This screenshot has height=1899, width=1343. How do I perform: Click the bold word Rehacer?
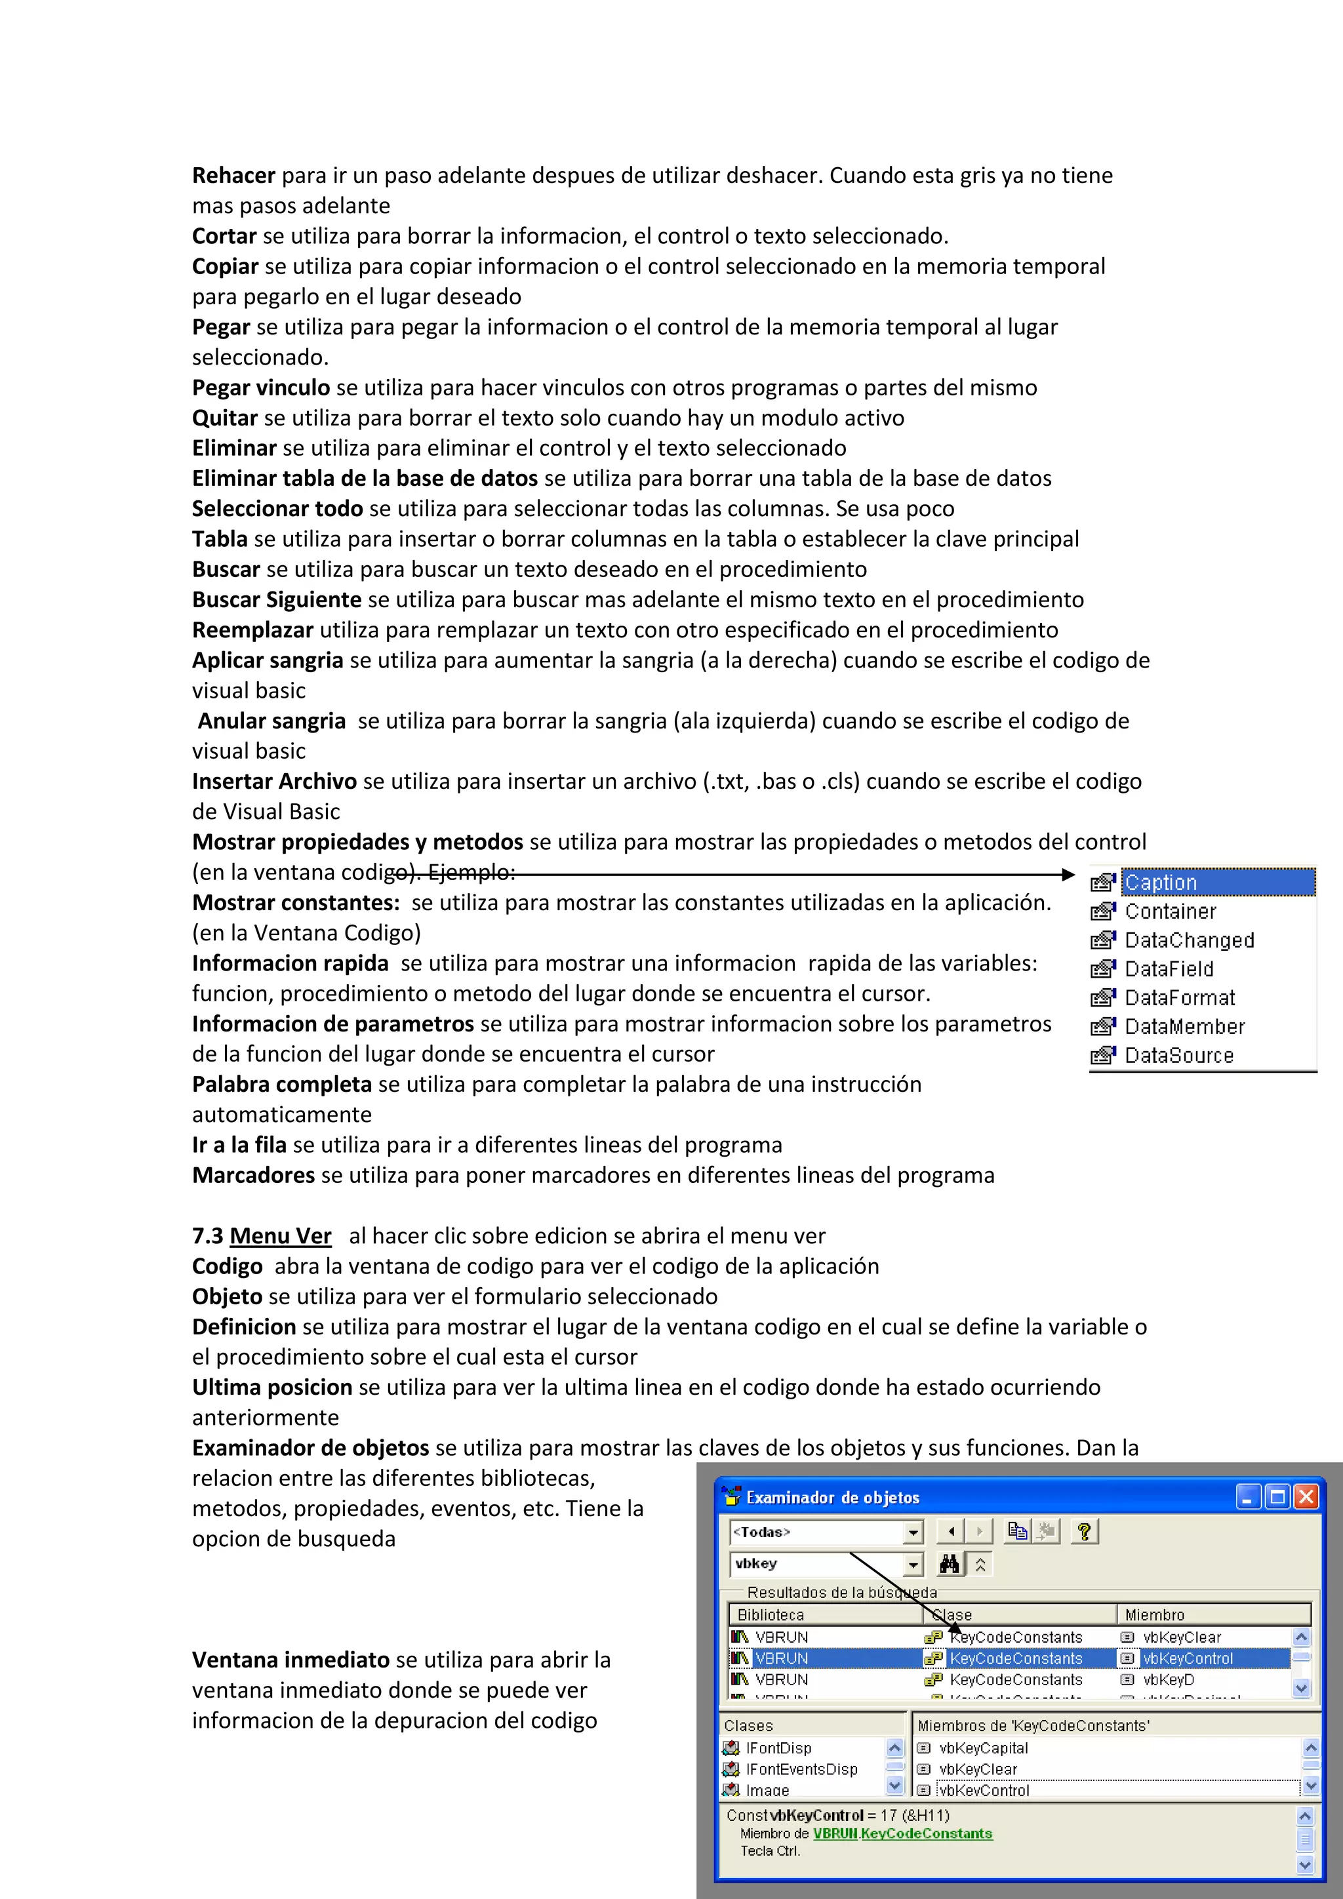(x=233, y=175)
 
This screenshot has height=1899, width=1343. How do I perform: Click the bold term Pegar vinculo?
(x=260, y=388)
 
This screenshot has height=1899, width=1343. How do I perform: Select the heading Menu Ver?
(x=281, y=1237)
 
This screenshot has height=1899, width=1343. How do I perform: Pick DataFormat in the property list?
(x=1179, y=998)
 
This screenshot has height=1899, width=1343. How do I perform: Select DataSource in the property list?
(x=1178, y=1056)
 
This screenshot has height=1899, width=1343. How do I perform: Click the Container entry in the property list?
(x=1170, y=911)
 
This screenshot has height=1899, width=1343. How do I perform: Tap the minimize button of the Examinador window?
(x=1249, y=1497)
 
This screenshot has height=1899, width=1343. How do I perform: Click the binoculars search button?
(x=950, y=1564)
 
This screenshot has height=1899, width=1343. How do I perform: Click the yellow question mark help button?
(x=1084, y=1532)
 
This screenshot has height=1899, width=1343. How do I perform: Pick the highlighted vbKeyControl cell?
(x=1188, y=1658)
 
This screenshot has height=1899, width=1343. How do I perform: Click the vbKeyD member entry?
(x=1169, y=1680)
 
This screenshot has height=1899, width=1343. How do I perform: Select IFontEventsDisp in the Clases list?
(x=801, y=1769)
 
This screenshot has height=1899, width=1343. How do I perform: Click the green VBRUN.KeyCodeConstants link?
(x=902, y=1833)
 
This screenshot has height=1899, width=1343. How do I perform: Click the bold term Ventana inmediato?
(x=291, y=1660)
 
